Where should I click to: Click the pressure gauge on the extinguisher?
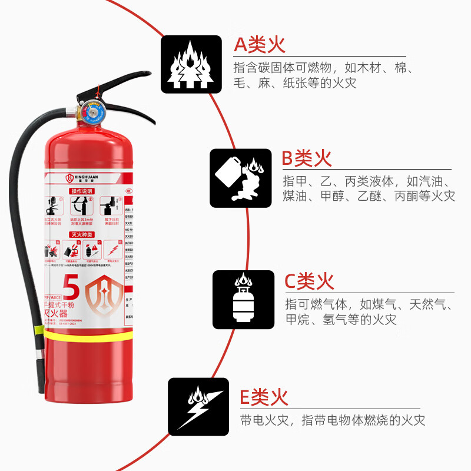pyautogui.click(x=92, y=111)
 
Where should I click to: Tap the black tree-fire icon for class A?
pyautogui.click(x=191, y=65)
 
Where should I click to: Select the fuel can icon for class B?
pyautogui.click(x=241, y=178)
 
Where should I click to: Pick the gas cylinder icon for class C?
pyautogui.click(x=244, y=300)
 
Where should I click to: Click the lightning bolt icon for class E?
pyautogui.click(x=198, y=407)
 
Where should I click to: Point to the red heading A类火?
pyautogui.click(x=260, y=44)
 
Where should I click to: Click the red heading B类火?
pyautogui.click(x=306, y=158)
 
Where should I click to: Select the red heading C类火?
pyautogui.click(x=309, y=281)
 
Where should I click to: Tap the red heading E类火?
pyautogui.click(x=264, y=397)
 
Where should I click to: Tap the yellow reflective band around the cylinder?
pyautogui.click(x=88, y=337)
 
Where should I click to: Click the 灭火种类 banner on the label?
pyautogui.click(x=83, y=234)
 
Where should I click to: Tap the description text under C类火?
pyautogui.click(x=369, y=312)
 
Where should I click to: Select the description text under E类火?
pyautogui.click(x=332, y=420)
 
